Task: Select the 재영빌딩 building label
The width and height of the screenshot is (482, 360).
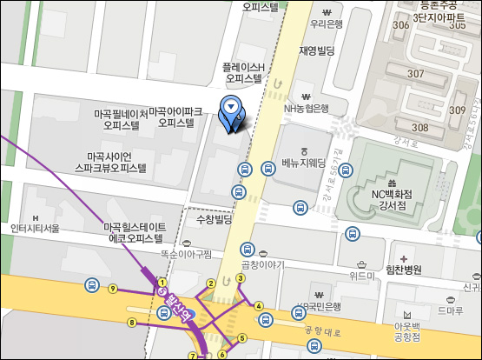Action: [x=317, y=50]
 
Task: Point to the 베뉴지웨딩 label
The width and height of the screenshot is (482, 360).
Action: [x=304, y=162]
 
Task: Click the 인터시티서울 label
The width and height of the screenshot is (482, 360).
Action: [x=35, y=228]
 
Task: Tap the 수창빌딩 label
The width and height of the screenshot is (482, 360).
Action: [x=216, y=220]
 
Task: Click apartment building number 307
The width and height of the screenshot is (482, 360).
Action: [x=416, y=73]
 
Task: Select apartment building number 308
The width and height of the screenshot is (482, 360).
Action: [x=420, y=128]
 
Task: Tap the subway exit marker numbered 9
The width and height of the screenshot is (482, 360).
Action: [x=112, y=289]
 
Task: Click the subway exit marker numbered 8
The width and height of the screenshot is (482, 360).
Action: [x=132, y=323]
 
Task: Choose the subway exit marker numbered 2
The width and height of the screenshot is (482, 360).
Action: [x=210, y=283]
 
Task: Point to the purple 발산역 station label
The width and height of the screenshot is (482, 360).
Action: [x=175, y=305]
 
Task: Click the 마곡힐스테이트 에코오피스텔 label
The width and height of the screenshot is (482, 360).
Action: [x=134, y=231]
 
